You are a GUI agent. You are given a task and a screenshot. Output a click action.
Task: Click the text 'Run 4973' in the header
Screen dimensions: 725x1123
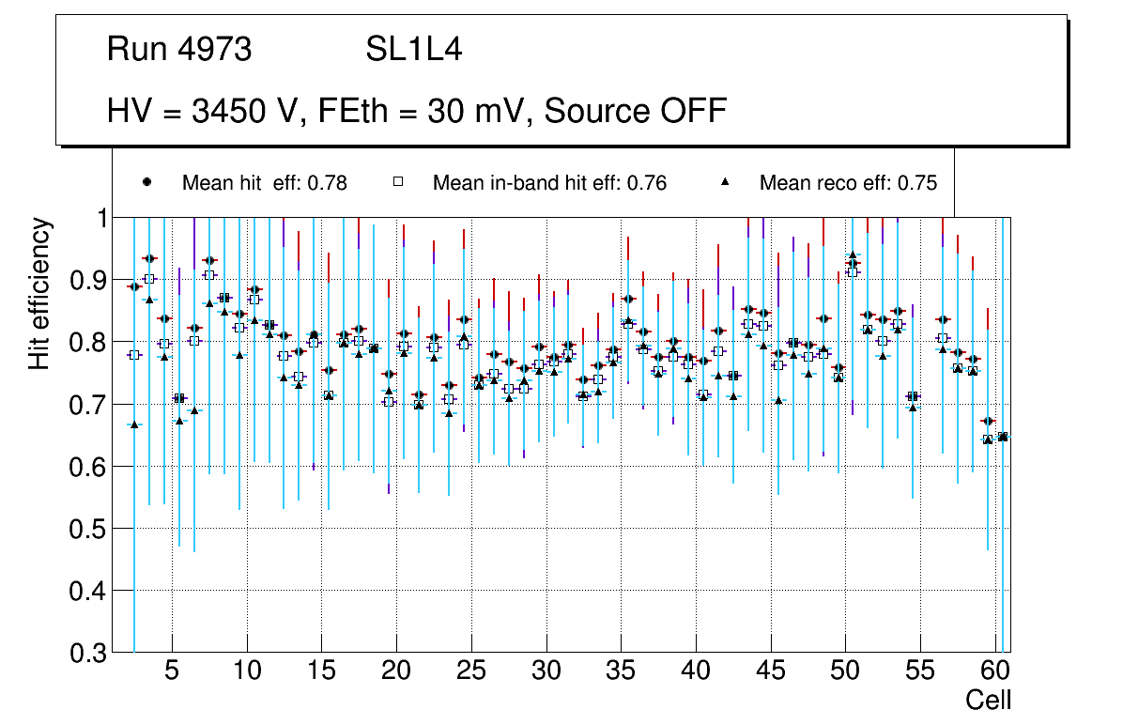[x=179, y=50]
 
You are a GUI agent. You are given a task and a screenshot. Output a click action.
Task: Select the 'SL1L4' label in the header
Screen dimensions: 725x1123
[x=413, y=50]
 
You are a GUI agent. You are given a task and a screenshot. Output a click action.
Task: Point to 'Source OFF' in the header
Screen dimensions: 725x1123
[x=636, y=111]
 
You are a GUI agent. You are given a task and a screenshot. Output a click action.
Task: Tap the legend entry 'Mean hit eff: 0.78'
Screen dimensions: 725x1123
[x=264, y=183]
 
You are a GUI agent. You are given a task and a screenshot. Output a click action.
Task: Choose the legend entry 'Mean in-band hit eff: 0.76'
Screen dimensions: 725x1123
[x=549, y=183]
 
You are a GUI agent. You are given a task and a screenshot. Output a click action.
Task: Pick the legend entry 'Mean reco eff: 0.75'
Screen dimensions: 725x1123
[x=848, y=183]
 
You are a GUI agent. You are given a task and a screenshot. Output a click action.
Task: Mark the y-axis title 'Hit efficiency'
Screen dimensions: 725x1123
[x=39, y=293]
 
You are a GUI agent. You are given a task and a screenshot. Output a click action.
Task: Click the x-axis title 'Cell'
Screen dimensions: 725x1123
[x=988, y=700]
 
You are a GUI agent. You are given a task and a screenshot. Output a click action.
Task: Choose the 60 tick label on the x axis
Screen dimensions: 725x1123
[x=994, y=672]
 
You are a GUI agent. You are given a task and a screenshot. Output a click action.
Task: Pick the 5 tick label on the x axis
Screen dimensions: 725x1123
[x=171, y=672]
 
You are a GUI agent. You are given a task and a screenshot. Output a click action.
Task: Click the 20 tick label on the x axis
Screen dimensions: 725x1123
[x=395, y=672]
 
